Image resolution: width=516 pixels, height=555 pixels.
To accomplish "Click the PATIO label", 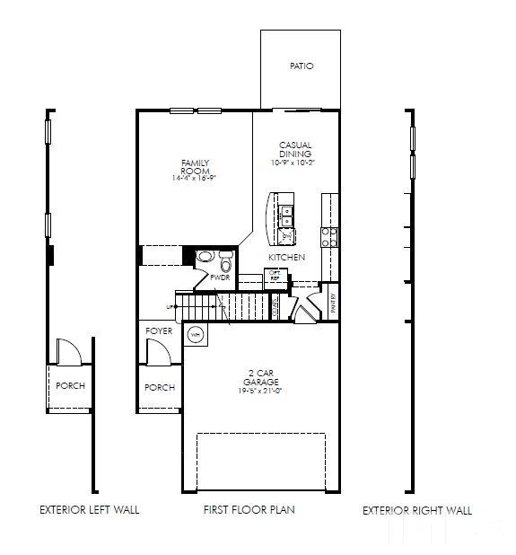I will [302, 66].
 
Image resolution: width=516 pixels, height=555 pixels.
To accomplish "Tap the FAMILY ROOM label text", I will [195, 166].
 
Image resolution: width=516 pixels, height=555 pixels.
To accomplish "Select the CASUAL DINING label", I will [294, 149].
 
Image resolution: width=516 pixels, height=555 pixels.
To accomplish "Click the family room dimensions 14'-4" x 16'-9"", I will [195, 179].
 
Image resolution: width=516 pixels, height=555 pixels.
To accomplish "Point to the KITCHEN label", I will [286, 258].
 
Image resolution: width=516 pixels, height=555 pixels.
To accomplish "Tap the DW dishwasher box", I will [286, 236].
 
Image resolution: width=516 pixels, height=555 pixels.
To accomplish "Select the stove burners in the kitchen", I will [329, 235].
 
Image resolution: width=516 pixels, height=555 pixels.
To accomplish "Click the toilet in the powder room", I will [225, 262].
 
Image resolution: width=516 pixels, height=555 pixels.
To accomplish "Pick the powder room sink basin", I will [206, 257].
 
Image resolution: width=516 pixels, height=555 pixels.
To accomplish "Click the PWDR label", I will [221, 278].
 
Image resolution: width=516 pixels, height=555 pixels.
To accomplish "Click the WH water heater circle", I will [196, 335].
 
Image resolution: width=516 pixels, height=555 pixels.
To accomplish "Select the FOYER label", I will [159, 331].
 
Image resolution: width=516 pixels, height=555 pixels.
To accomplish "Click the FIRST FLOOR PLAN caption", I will [249, 509].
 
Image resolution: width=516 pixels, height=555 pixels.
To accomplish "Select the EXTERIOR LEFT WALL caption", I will [89, 509].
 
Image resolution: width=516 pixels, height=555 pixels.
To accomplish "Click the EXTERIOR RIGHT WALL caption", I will [416, 510].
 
